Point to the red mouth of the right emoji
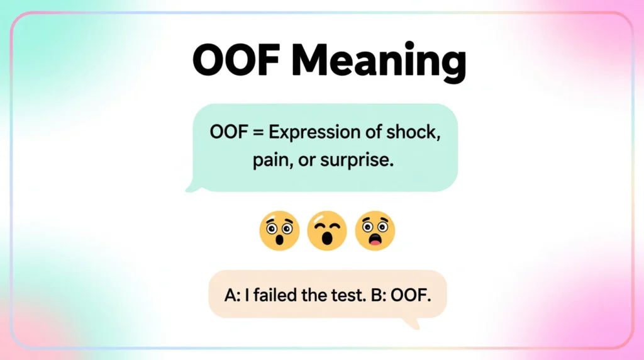coord(375,239)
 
